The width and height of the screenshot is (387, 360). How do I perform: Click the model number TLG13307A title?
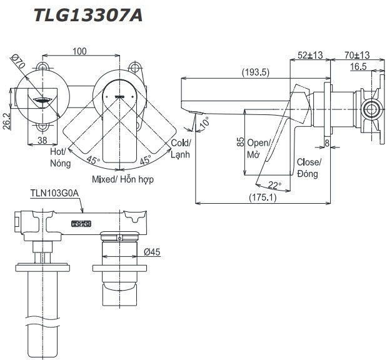[x=88, y=15]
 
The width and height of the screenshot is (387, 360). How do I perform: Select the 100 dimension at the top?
[x=79, y=51]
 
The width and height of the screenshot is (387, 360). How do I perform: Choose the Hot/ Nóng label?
[x=60, y=157]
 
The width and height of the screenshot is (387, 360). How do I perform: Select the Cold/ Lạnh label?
[x=181, y=148]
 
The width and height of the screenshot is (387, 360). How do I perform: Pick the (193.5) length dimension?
[x=256, y=72]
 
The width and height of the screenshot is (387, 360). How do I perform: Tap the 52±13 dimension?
[x=310, y=55]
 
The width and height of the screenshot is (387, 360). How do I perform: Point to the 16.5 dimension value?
[x=358, y=66]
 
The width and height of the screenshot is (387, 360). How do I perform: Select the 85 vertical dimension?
[x=240, y=142]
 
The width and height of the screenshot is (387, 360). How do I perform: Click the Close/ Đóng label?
[x=309, y=167]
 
